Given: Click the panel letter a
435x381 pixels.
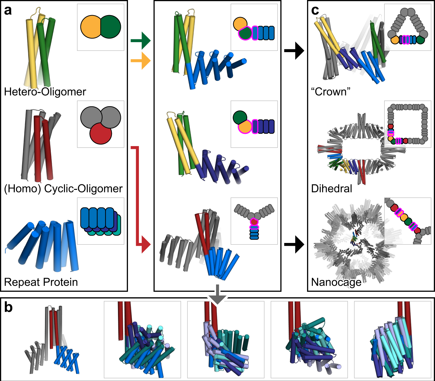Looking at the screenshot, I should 8,10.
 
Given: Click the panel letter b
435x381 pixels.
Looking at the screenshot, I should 8,308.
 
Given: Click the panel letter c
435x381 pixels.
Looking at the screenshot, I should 315,10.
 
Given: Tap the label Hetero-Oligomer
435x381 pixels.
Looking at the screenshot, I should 45,92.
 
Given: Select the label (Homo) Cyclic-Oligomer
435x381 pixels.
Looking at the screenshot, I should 63,189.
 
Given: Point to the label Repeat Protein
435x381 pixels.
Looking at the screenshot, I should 41,282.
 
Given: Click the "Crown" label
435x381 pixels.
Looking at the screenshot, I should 331,92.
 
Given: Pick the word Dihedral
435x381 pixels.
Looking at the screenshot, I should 331,189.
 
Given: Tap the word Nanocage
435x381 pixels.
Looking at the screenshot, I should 336,282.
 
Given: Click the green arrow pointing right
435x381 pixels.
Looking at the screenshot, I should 141,41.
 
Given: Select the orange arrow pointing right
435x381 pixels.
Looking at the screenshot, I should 141,61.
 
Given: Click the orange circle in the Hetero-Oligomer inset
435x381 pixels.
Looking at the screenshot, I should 91,27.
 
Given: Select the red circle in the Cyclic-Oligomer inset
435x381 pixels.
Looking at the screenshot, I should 101,133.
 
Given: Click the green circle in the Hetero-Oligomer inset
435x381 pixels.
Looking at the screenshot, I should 111,27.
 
